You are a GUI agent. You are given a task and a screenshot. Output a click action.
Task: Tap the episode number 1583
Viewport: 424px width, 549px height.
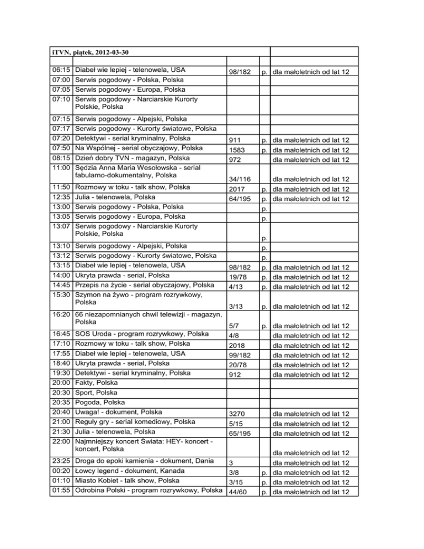236,151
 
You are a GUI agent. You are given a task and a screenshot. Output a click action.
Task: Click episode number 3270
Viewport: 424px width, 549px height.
236,414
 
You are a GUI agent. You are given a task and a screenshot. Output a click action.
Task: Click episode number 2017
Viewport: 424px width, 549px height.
236,189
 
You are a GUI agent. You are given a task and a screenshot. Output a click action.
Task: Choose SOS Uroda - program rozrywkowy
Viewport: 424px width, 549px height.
141,334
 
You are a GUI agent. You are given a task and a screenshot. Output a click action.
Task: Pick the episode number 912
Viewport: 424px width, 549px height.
235,374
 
